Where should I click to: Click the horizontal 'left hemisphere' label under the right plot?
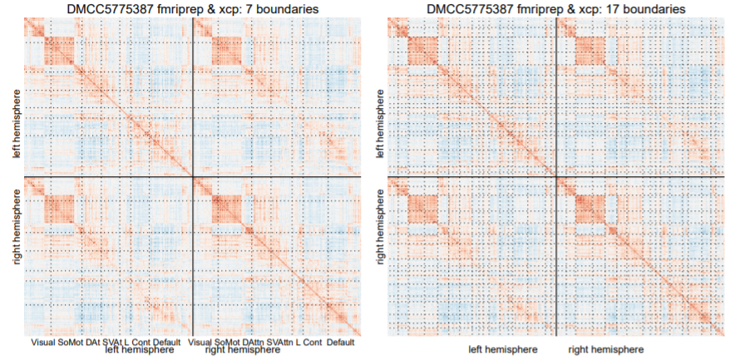click(502, 349)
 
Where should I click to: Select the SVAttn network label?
click(284, 343)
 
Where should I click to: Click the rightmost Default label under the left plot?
click(341, 343)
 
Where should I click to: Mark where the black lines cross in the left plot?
click(192, 176)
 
